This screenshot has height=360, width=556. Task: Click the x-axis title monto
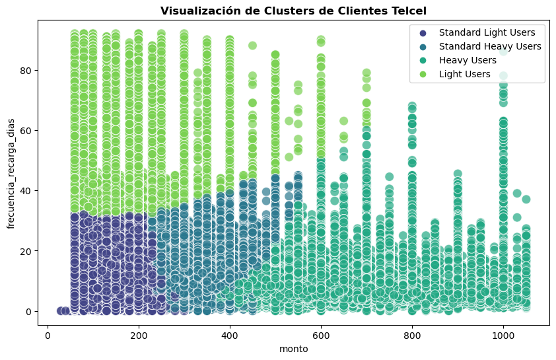tap(293, 349)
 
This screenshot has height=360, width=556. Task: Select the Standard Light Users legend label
tap(482, 32)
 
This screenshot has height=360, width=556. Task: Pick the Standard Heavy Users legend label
tap(490, 46)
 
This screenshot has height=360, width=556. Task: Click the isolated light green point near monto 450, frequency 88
tap(252, 46)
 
